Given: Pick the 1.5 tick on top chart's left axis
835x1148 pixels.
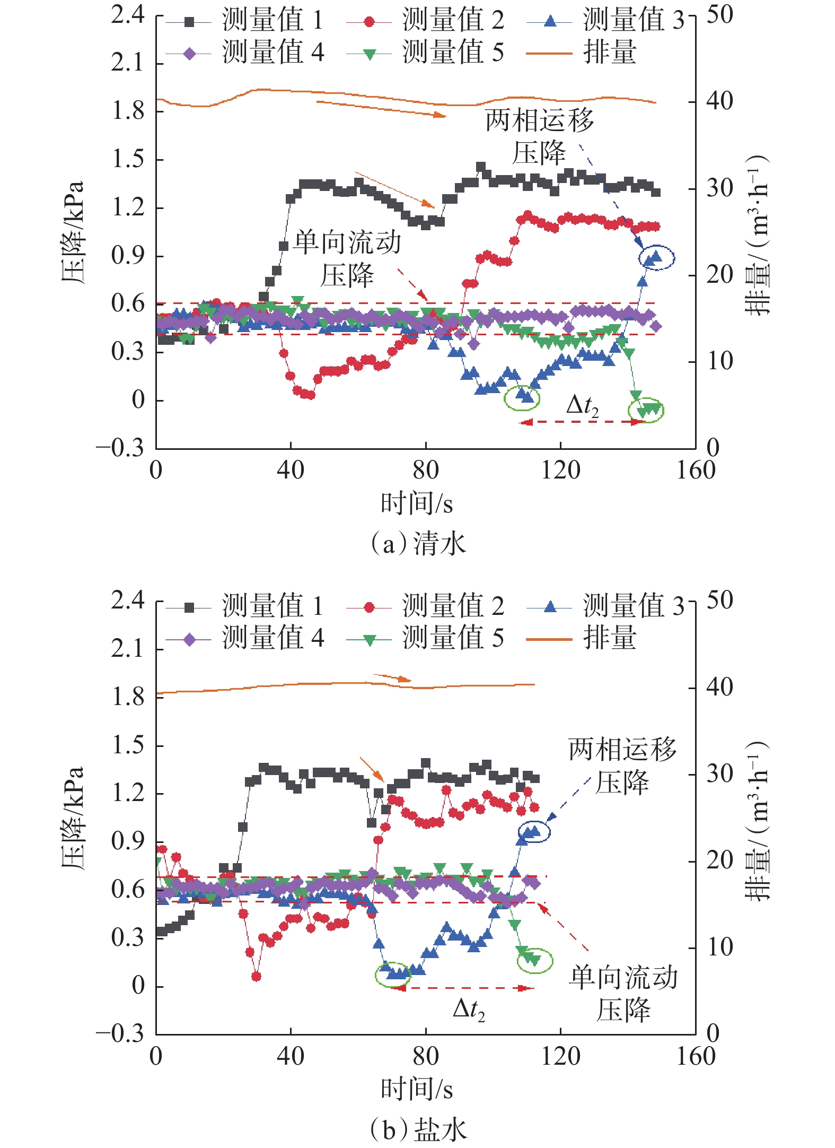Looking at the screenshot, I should (x=128, y=159).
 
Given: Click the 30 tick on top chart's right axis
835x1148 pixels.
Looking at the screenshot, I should (x=719, y=189).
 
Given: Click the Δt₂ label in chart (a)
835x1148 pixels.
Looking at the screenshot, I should (x=582, y=406).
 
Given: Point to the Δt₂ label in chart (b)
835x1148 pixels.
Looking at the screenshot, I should (x=469, y=1009).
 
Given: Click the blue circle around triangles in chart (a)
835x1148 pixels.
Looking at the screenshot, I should (x=657, y=258).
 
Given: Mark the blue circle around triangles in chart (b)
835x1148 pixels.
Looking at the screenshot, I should (x=534, y=831).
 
